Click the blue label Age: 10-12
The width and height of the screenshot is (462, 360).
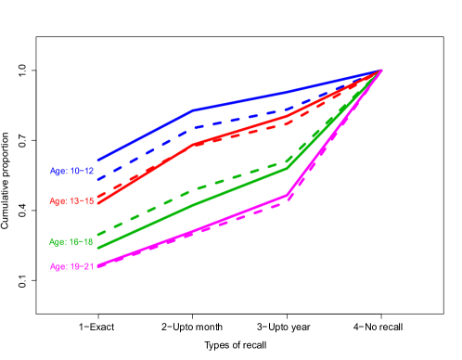coord(71,172)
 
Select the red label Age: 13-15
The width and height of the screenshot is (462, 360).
coord(71,201)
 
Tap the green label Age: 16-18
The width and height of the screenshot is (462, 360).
coord(71,241)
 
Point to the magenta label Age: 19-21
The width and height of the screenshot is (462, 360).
coord(71,267)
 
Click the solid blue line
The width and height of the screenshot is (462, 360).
coord(241,100)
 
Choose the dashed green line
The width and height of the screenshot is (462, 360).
coord(241,175)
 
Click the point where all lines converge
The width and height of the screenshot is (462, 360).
coord(381,71)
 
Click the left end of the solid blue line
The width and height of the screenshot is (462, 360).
coord(98,161)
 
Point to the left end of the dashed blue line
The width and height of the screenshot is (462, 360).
coord(98,178)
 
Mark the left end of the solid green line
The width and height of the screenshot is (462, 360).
coord(98,248)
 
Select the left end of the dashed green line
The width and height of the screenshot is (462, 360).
coord(98,233)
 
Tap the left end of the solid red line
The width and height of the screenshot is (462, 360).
coord(98,202)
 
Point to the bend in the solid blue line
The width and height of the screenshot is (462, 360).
coord(194,109)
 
